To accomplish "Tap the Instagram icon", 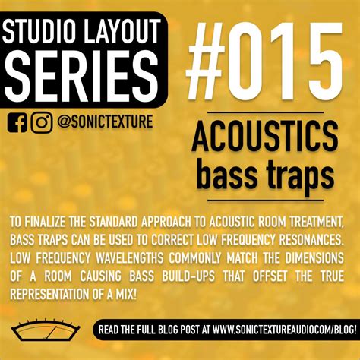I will [x=43, y=122].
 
